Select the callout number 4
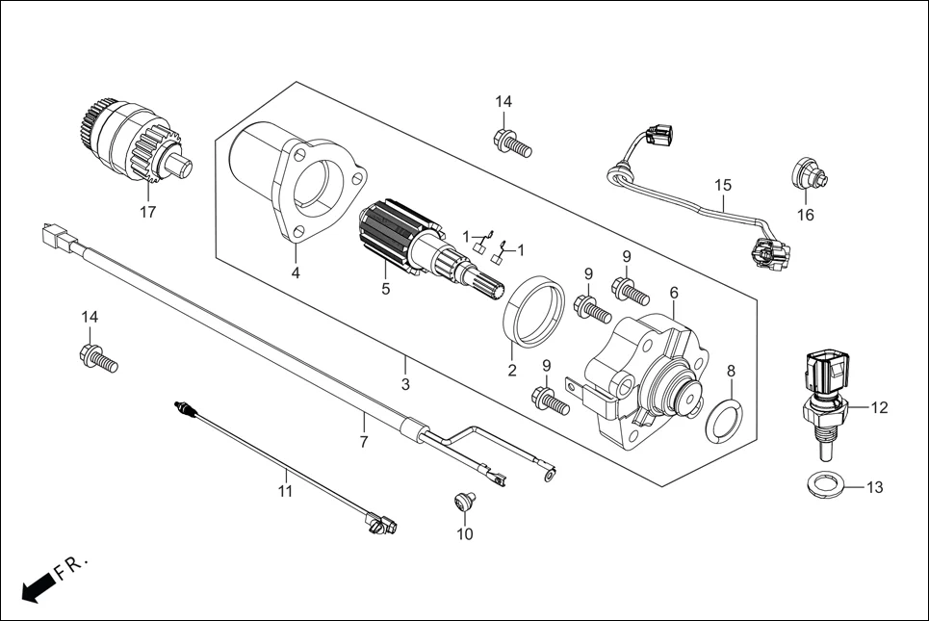coord(296,272)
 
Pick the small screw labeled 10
coord(464,501)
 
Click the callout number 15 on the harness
coord(723,185)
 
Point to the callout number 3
coord(405,384)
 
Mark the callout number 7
coord(363,442)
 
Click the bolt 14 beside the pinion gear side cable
coord(96,358)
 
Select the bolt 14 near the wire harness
coord(511,143)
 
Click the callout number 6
coord(673,292)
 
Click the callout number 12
coord(878,407)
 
